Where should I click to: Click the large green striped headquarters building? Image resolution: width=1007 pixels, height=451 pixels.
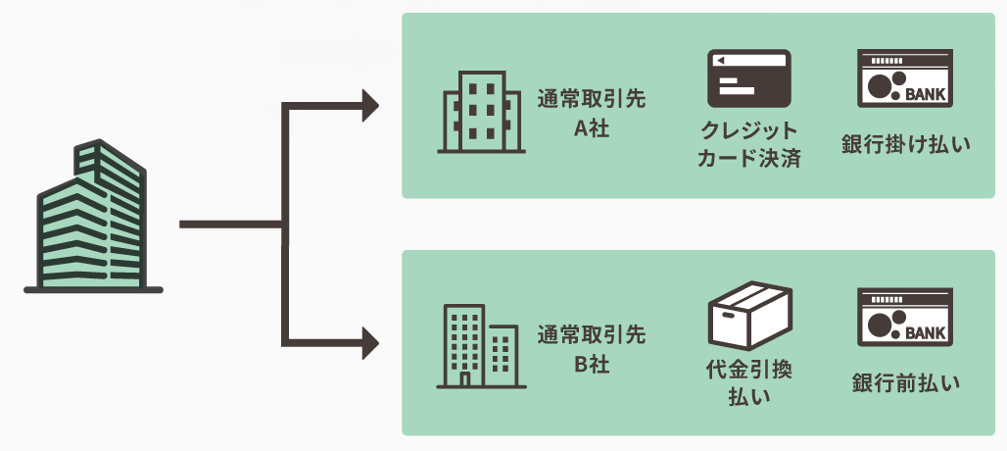tap(93, 221)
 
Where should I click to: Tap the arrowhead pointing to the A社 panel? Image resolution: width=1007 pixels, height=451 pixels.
tap(370, 104)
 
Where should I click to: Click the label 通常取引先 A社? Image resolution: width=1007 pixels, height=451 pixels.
tap(592, 114)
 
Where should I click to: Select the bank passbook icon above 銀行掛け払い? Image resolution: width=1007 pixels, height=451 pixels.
tap(905, 78)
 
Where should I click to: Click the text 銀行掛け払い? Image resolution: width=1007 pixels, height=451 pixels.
tap(905, 145)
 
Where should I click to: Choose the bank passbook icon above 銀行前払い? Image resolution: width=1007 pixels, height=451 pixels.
tap(905, 317)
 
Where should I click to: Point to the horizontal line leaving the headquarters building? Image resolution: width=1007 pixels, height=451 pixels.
tap(230, 225)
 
